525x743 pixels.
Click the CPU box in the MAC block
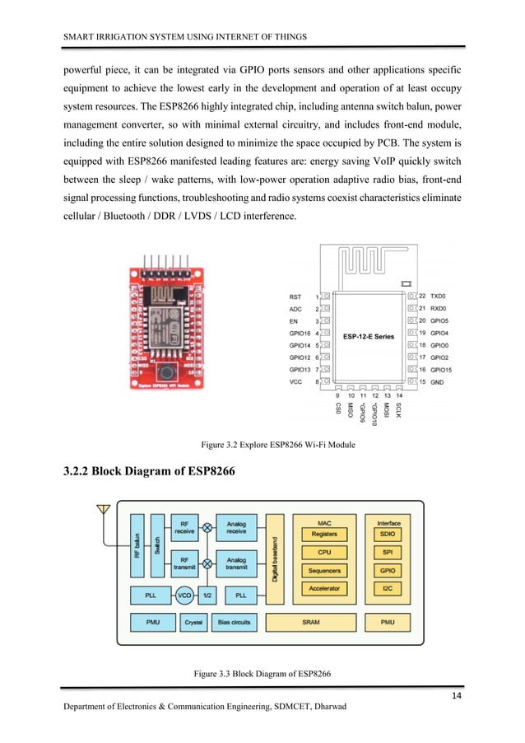click(x=324, y=553)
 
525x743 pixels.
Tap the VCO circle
click(x=184, y=594)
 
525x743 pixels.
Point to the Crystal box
click(x=193, y=622)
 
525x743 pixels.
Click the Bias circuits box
click(x=235, y=622)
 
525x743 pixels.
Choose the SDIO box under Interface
click(x=388, y=535)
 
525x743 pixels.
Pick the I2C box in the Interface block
click(x=388, y=589)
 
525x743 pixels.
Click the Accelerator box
click(x=324, y=589)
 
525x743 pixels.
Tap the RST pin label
click(x=296, y=296)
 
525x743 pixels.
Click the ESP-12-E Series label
click(x=369, y=336)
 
